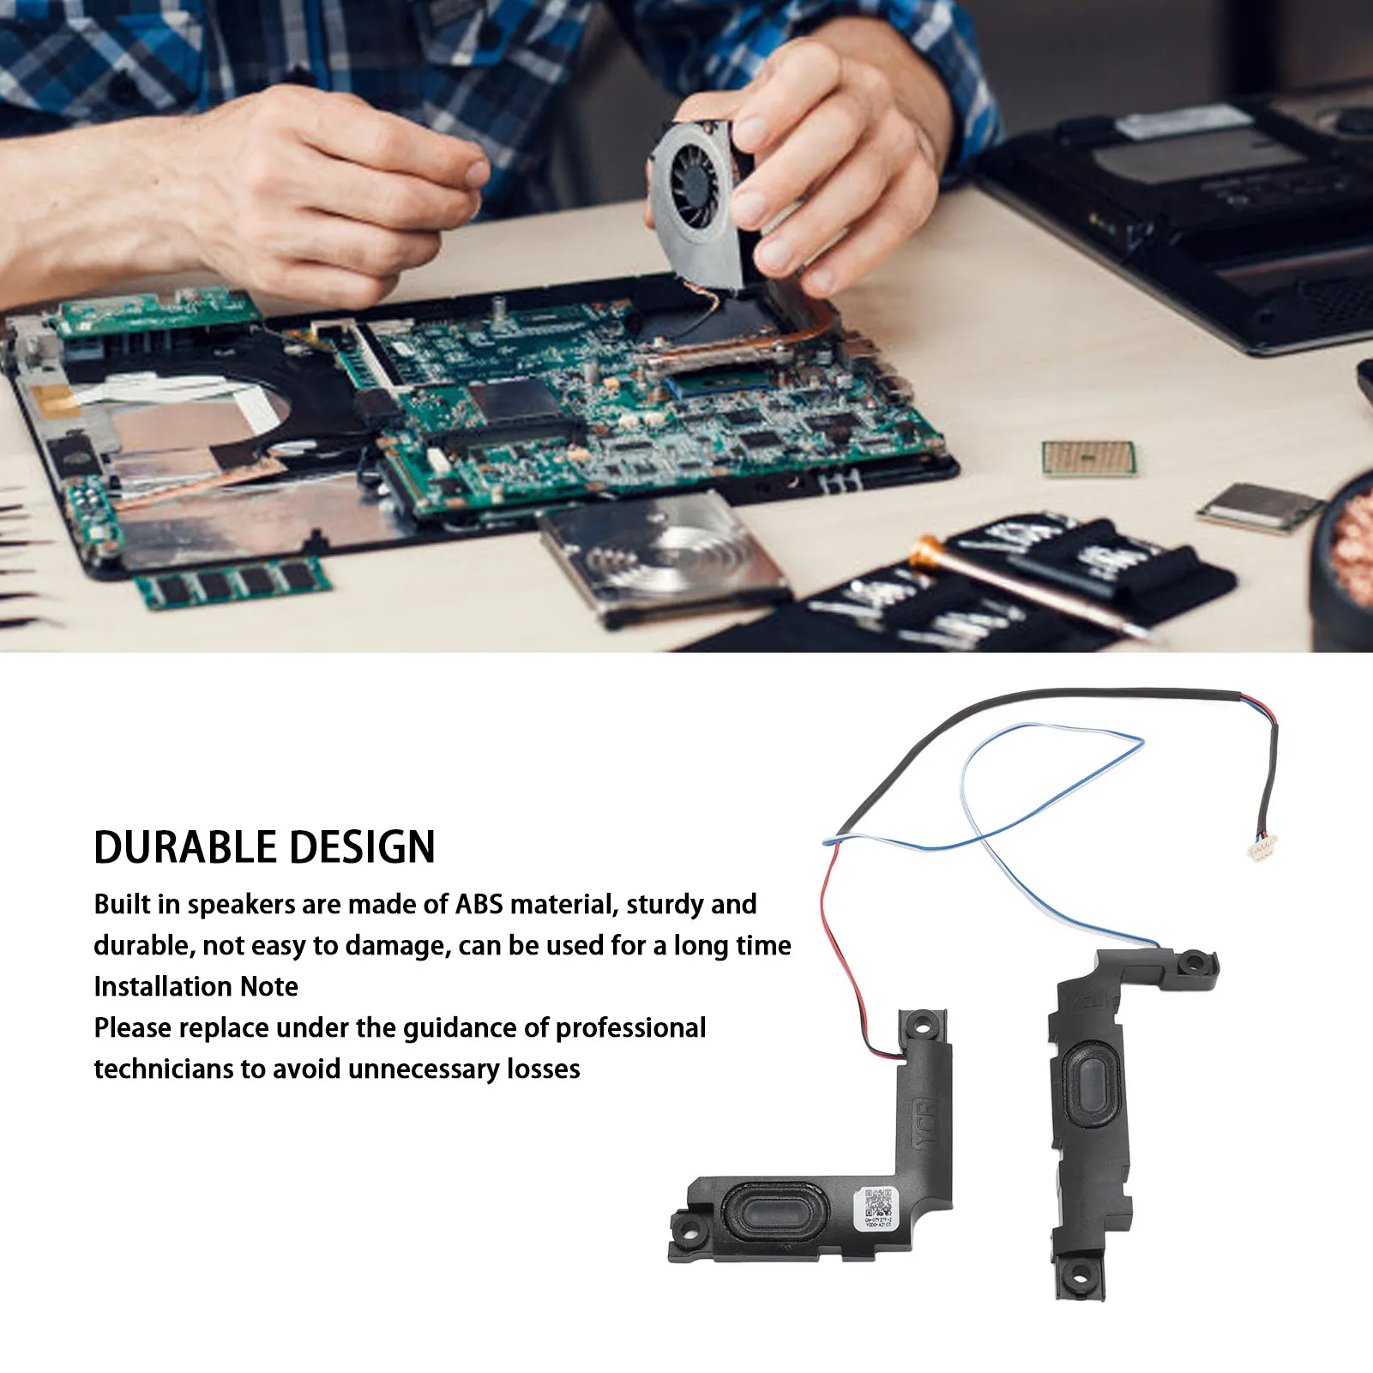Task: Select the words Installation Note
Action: [196, 987]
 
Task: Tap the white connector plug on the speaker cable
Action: [1262, 849]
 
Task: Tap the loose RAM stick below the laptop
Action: [232, 584]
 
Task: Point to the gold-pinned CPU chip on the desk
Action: [1088, 459]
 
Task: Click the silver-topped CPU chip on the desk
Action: [1259, 506]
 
